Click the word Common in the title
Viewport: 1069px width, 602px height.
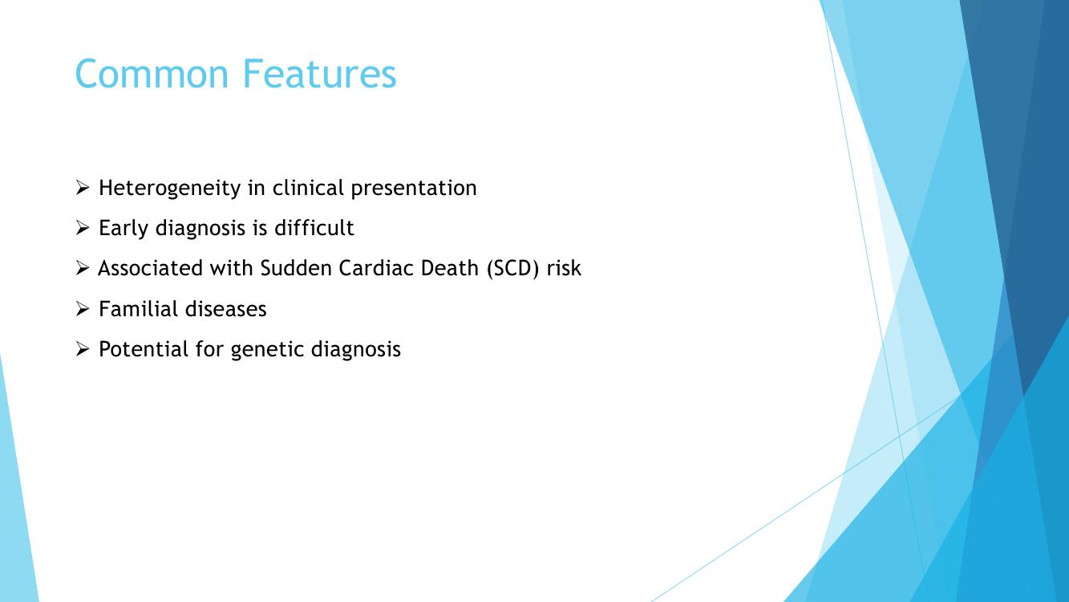(152, 74)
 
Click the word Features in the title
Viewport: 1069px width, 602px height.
(320, 74)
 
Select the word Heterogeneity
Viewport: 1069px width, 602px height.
(169, 189)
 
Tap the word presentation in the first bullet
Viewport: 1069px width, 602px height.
(414, 189)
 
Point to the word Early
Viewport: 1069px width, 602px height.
(124, 229)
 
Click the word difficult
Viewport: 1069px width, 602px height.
(314, 227)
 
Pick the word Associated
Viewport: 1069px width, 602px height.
(150, 268)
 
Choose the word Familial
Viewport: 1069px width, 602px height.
(138, 309)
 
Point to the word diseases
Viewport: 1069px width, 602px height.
(225, 309)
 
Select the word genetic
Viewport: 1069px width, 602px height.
(267, 350)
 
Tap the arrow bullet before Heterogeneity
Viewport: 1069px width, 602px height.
(82, 188)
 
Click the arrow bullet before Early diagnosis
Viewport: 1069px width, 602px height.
(82, 228)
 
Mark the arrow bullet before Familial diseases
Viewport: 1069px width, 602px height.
(82, 309)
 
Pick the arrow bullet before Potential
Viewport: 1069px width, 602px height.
(82, 349)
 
